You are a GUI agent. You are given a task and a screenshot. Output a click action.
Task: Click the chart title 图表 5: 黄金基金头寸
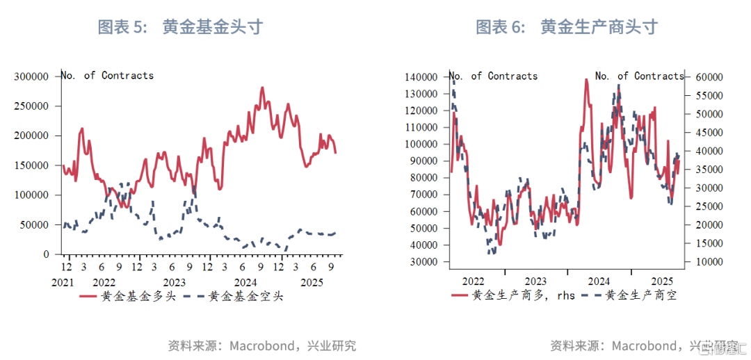(180, 27)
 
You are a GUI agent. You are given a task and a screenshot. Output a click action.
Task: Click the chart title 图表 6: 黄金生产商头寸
(566, 27)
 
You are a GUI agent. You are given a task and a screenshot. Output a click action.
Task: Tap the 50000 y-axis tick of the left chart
(35, 225)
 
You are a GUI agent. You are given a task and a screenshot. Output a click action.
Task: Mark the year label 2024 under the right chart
(599, 281)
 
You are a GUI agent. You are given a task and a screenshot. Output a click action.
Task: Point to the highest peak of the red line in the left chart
(262, 88)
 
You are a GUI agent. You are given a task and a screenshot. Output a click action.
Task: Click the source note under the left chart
(261, 345)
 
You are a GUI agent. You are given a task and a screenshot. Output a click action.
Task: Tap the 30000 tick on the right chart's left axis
(421, 262)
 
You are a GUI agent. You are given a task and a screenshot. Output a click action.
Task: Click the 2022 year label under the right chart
(473, 281)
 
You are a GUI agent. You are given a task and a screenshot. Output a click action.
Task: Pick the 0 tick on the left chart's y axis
(47, 255)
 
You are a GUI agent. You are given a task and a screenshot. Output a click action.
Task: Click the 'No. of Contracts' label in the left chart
(107, 75)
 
